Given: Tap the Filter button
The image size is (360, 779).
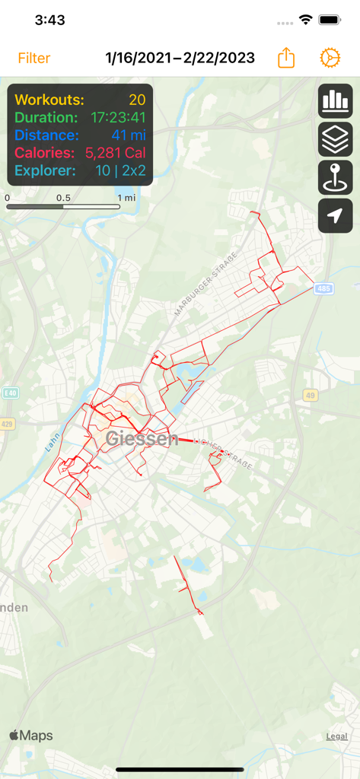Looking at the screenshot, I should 34,59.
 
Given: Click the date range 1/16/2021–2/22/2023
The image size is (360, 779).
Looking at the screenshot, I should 180,59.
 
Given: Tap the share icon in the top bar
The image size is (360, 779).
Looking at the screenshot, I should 286,59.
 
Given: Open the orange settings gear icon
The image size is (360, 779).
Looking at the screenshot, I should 330,59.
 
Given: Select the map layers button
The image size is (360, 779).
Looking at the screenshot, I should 335,139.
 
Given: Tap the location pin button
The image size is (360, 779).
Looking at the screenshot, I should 335,177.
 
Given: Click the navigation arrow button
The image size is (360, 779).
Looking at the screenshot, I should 335,215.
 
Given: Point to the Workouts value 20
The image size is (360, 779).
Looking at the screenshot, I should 137,100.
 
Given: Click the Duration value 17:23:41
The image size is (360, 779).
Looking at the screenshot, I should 118,118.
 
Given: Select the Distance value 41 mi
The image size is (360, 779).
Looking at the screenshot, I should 128,135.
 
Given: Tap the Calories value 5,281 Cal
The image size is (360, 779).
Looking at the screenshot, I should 115,153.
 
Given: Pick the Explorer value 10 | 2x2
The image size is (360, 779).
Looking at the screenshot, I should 120,170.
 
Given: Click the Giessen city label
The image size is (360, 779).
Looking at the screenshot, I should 142,438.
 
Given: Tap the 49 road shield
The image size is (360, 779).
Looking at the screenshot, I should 310,395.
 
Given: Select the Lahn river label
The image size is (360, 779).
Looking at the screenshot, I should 53,444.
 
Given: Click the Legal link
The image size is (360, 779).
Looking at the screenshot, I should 336,736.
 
